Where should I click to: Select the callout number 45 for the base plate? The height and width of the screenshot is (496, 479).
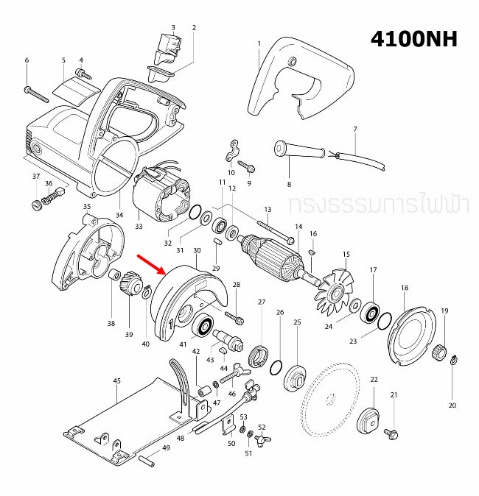click(116, 380)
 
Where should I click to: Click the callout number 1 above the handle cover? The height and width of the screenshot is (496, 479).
click(259, 44)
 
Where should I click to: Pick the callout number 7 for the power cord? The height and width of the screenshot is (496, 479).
click(354, 130)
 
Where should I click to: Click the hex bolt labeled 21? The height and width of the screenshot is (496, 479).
click(392, 428)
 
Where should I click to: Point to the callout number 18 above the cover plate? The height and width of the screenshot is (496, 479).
click(404, 288)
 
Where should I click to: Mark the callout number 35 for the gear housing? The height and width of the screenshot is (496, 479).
click(86, 207)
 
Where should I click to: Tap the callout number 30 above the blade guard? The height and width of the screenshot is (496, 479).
click(197, 251)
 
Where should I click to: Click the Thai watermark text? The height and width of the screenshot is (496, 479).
click(379, 205)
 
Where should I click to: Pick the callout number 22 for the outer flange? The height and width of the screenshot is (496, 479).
click(374, 380)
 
